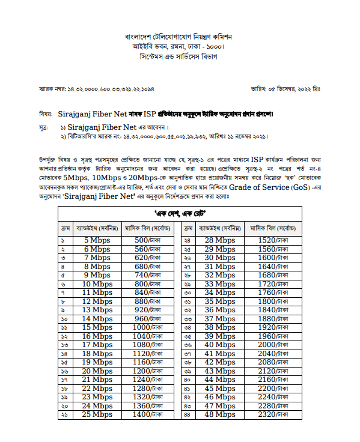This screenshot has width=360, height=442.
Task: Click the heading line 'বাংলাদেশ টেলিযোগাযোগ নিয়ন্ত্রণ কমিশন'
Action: (x=178, y=37)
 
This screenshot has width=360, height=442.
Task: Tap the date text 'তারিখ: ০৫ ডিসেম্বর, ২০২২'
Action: (x=284, y=89)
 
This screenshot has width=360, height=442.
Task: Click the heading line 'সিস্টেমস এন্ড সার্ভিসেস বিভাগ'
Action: (x=178, y=56)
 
